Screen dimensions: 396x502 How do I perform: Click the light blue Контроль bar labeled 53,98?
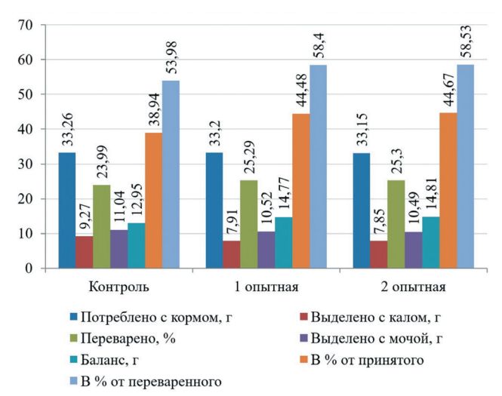pos(171,174)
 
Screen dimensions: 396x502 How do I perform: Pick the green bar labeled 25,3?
pos(396,224)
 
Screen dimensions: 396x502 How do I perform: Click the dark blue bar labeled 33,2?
pos(214,210)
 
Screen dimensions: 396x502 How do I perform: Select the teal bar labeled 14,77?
pos(283,242)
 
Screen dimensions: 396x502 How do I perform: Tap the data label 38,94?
pos(153,107)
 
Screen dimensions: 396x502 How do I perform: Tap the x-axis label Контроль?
pos(118,287)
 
